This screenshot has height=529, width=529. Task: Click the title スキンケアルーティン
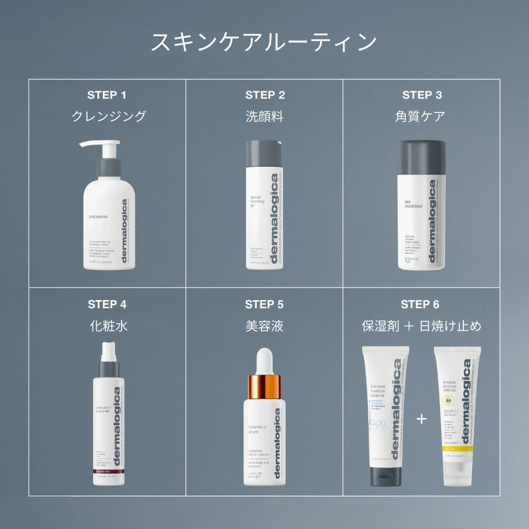[264, 43]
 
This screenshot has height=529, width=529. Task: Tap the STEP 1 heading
[107, 95]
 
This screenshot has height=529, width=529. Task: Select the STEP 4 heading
[107, 304]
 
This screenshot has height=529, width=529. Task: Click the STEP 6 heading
[420, 304]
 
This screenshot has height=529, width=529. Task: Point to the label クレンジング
[108, 116]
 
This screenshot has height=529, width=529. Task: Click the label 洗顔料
[264, 116]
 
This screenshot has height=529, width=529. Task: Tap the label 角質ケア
[420, 116]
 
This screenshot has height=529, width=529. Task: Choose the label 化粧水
[108, 326]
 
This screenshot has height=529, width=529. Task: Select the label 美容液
[264, 326]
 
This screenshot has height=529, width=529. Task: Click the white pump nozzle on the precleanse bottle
[99, 144]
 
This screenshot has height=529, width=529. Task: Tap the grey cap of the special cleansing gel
[264, 153]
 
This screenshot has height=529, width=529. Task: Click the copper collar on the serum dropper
[264, 387]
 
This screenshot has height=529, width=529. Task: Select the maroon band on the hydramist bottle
[108, 474]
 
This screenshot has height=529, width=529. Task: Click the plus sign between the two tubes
[422, 419]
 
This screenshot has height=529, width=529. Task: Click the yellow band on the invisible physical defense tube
[455, 449]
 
